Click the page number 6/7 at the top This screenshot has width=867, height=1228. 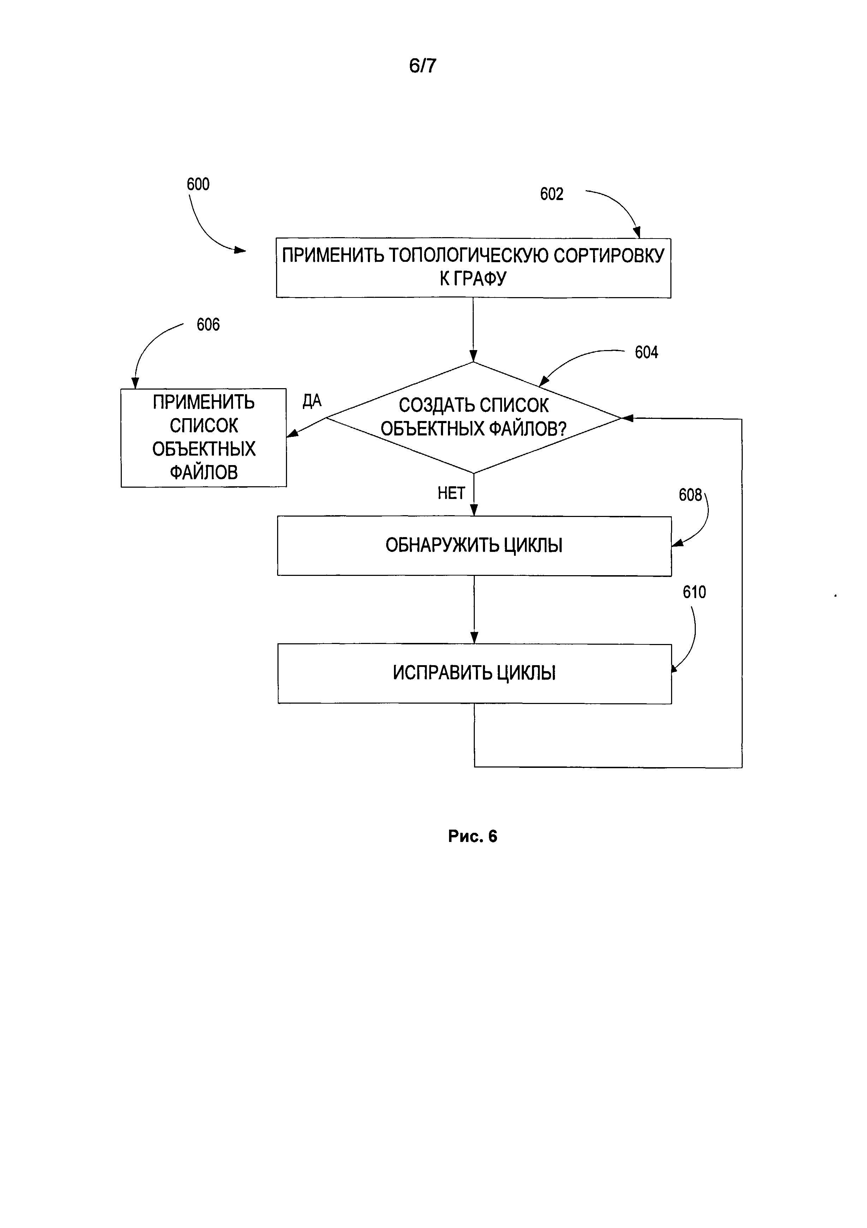coord(422,66)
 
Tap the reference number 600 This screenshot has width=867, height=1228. coord(198,185)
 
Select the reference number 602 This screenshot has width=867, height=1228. coord(551,194)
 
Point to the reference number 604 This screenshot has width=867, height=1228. coord(646,353)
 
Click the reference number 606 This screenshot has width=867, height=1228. coord(208,325)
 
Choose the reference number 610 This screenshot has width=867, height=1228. coord(694,592)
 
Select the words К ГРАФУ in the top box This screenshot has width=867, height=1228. coord(473,279)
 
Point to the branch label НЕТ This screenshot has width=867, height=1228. coord(451,493)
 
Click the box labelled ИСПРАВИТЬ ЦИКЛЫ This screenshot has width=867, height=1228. coord(474,673)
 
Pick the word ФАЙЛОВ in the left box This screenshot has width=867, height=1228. coord(204,472)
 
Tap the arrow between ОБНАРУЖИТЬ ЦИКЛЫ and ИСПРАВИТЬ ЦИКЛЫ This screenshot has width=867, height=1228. coord(474,610)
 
